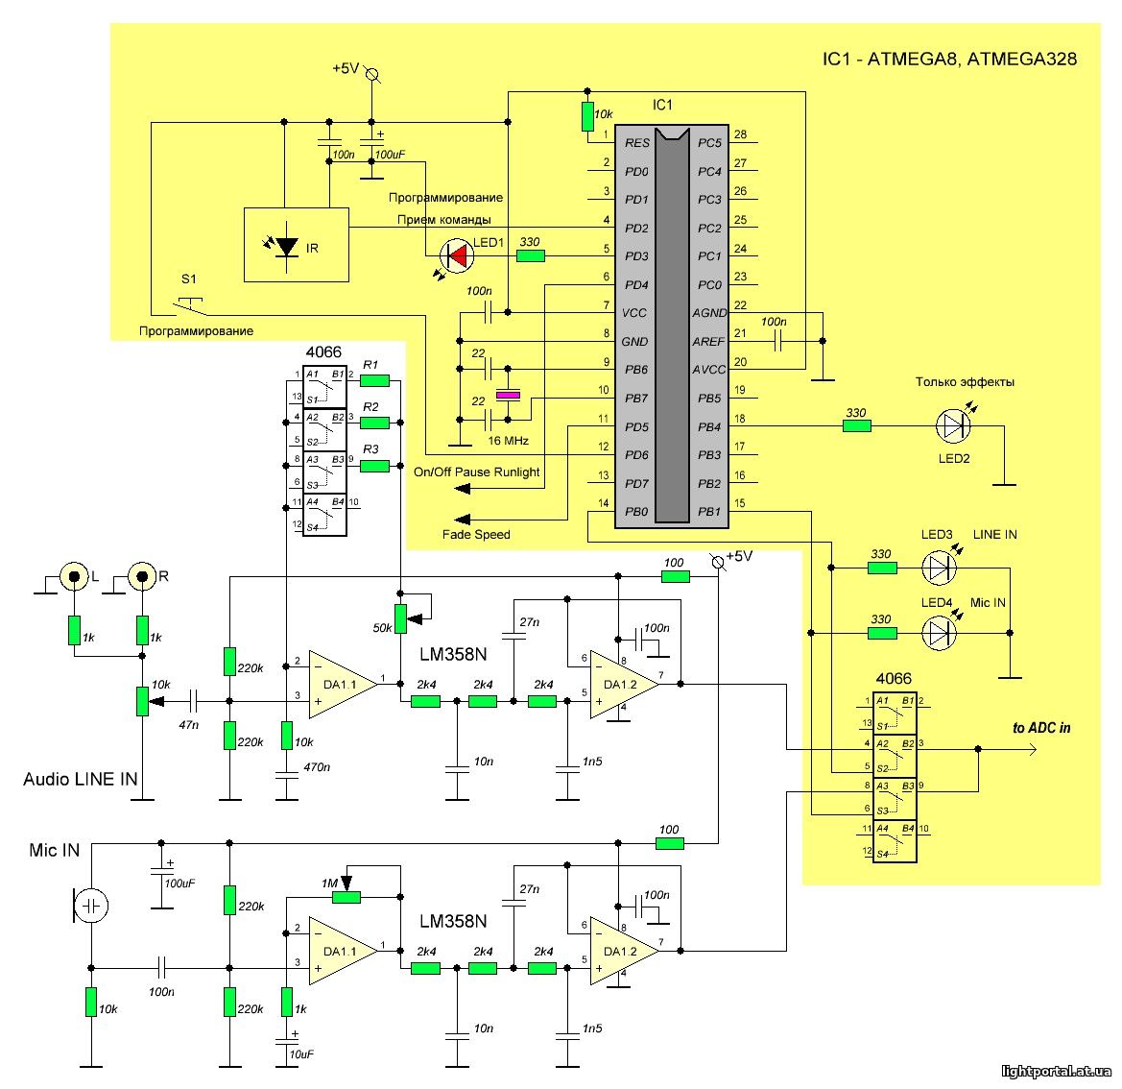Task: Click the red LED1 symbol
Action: (457, 255)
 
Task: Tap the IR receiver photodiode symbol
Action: (287, 248)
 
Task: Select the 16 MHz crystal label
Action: (508, 441)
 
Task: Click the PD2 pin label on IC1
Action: (636, 229)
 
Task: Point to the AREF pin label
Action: (708, 342)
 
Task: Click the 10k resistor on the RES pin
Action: (587, 117)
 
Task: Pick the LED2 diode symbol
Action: (953, 426)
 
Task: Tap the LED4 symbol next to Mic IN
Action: (939, 633)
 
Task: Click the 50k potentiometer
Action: (401, 618)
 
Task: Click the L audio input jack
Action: (75, 576)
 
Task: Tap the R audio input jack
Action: (142, 576)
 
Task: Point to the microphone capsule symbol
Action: (91, 907)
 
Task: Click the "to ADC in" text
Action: (1041, 728)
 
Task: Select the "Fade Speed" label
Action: (476, 534)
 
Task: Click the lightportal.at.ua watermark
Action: (1056, 1071)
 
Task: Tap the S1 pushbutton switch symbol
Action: (190, 305)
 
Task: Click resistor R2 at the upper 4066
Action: (375, 423)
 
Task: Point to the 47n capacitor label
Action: (188, 725)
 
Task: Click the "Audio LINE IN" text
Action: (81, 779)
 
